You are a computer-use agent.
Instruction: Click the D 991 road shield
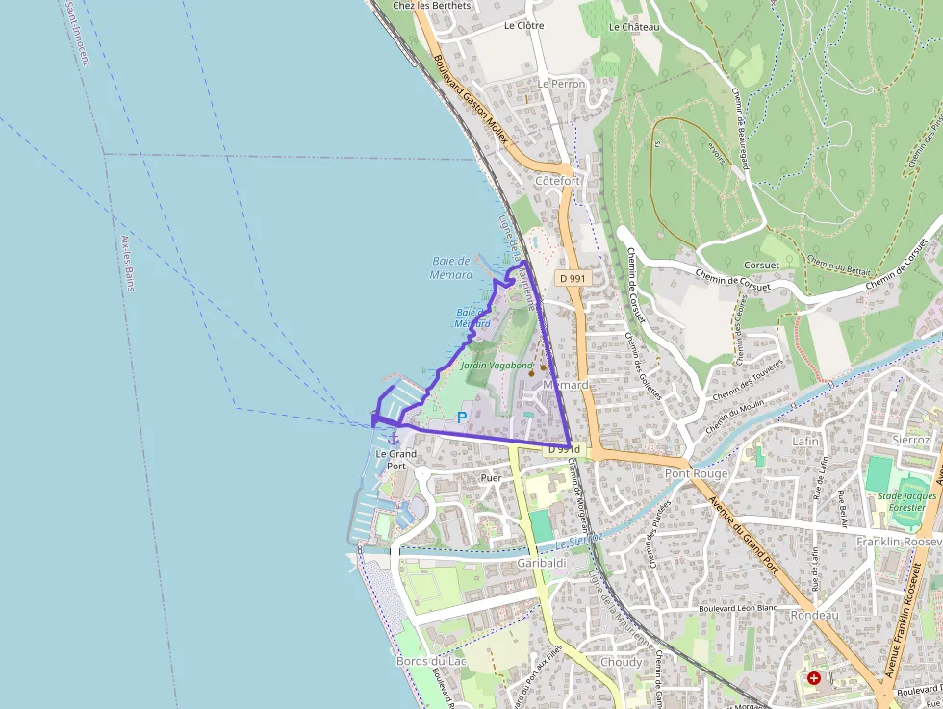[572, 277]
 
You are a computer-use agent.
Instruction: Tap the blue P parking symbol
[462, 418]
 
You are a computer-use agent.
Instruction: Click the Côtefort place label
[557, 180]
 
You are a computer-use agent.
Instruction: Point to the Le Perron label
[562, 84]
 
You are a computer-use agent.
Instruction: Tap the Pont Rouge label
[697, 473]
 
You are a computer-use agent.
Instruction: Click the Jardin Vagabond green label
[496, 366]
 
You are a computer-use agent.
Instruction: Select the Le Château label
[634, 27]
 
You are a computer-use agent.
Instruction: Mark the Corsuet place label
[761, 265]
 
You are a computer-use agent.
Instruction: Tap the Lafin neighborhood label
[805, 441]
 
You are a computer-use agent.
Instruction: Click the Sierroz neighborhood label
[911, 439]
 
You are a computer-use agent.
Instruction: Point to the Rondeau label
[814, 614]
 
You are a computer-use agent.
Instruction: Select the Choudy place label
[621, 662]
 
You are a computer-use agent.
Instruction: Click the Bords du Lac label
[431, 661]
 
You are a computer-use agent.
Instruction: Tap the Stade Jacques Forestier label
[906, 502]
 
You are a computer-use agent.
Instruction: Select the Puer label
[491, 477]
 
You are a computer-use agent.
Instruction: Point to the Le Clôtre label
[523, 26]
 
